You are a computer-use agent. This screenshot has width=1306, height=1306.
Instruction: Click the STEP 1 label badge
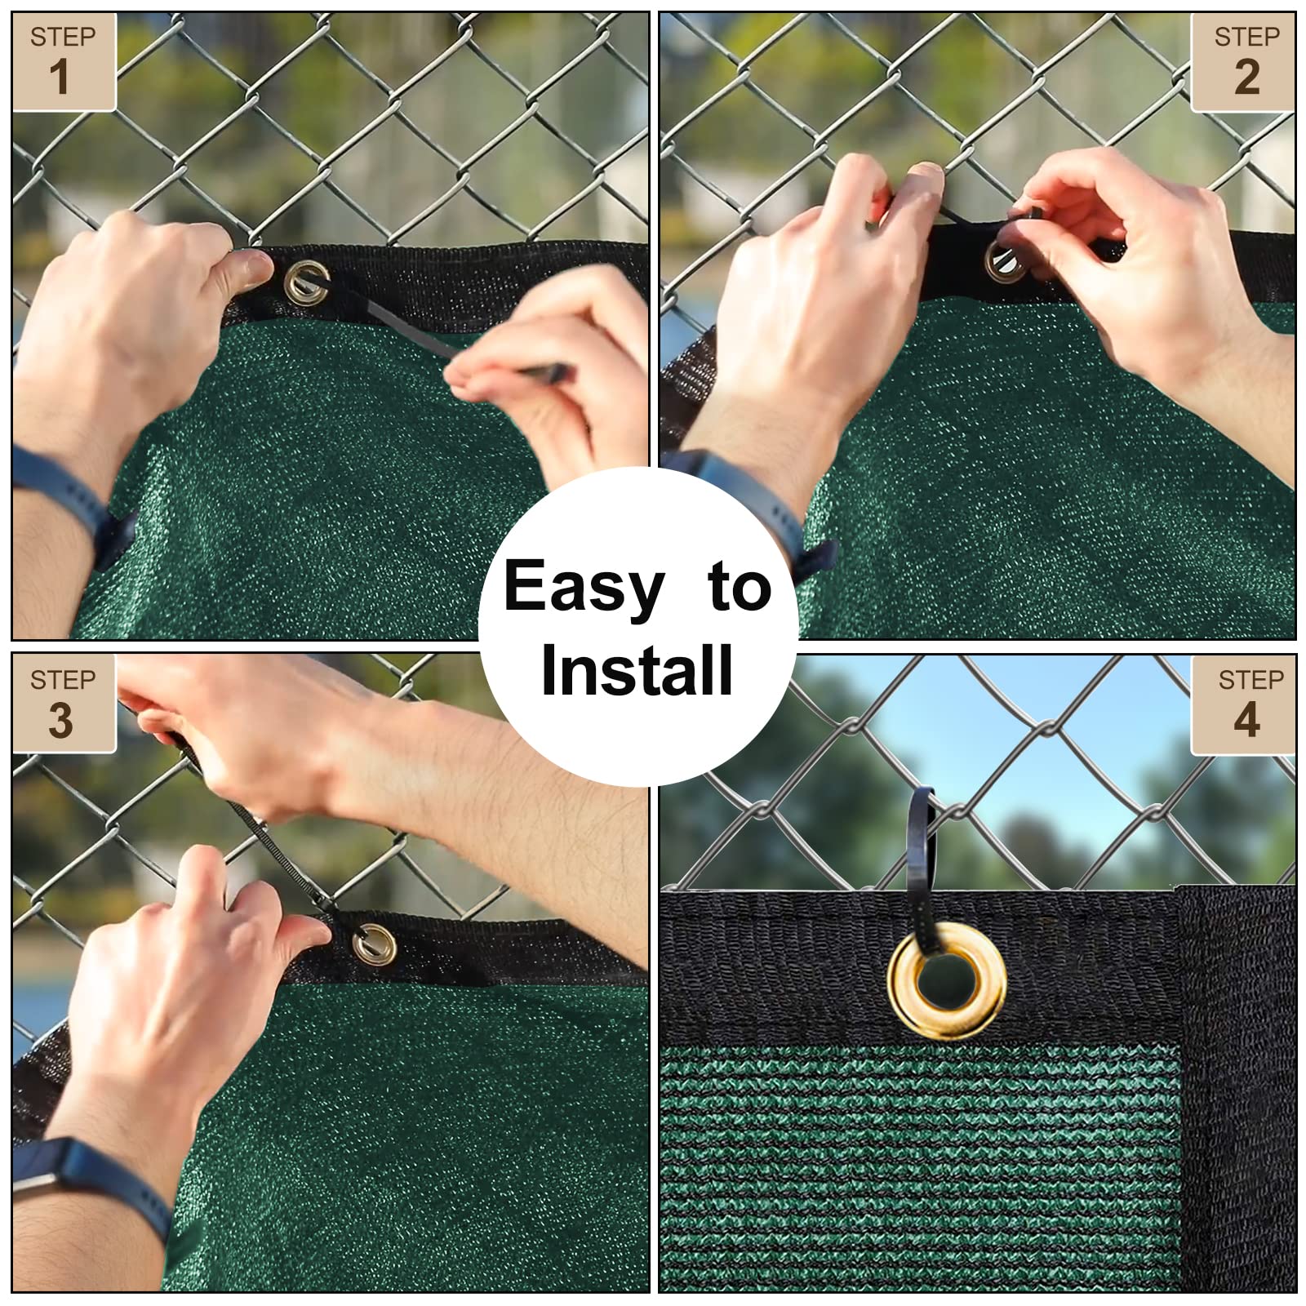pos(64,62)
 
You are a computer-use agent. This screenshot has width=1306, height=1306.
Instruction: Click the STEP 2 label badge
pos(1243,62)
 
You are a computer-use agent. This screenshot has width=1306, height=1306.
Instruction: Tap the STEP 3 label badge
pos(64,704)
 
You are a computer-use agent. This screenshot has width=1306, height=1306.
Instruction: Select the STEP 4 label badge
pos(1243,704)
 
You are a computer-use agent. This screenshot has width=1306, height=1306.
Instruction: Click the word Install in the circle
pos(637,670)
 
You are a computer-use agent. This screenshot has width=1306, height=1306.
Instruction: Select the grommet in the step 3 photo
pos(375,945)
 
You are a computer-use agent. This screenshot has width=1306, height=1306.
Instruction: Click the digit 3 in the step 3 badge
pos(60,720)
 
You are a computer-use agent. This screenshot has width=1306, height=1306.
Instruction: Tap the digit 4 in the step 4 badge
pos(1246,720)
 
